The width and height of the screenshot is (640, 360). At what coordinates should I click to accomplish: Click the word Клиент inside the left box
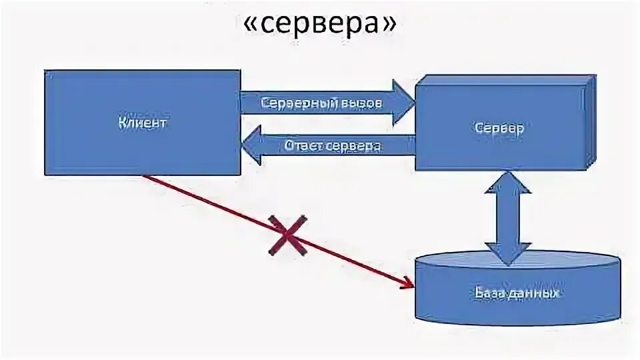tap(142, 123)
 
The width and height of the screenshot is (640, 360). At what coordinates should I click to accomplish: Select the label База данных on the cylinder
tap(517, 293)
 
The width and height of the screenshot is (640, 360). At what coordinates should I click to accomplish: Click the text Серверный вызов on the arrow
tap(322, 104)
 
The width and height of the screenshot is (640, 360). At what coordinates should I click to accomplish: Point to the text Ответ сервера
tap(332, 146)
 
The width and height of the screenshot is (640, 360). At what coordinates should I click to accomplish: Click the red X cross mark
tap(287, 235)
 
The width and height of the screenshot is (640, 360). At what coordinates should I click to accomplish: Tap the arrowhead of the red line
tap(407, 285)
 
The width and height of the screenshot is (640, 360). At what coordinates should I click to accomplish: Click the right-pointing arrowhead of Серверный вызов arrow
tap(403, 103)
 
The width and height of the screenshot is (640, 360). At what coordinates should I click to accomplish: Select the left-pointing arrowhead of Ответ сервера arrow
tap(251, 146)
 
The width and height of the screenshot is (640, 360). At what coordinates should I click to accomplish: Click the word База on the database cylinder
tap(491, 293)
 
